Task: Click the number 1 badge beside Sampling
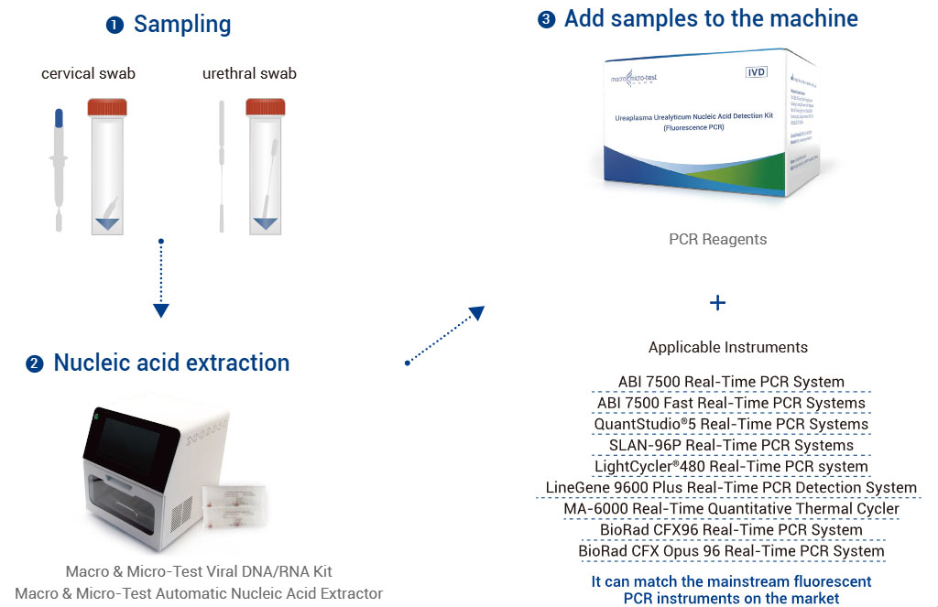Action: tap(115, 26)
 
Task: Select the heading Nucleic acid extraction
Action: tap(171, 363)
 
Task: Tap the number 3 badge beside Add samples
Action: tap(547, 19)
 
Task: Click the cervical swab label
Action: tap(88, 73)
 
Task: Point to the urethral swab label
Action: tap(249, 73)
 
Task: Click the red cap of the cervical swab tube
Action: tap(106, 108)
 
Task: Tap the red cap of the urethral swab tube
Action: tap(266, 108)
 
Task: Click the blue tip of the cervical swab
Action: tap(59, 119)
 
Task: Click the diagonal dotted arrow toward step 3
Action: tap(445, 335)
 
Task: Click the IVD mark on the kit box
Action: tap(756, 70)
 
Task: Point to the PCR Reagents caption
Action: tap(717, 239)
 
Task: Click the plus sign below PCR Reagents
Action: tap(717, 302)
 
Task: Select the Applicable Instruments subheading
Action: tap(728, 347)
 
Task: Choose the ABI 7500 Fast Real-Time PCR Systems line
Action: tap(731, 403)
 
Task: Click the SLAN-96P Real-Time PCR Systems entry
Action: tap(731, 445)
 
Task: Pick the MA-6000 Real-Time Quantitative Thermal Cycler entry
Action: tap(731, 508)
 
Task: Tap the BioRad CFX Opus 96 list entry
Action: tap(731, 551)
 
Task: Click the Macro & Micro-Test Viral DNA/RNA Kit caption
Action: tap(199, 572)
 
